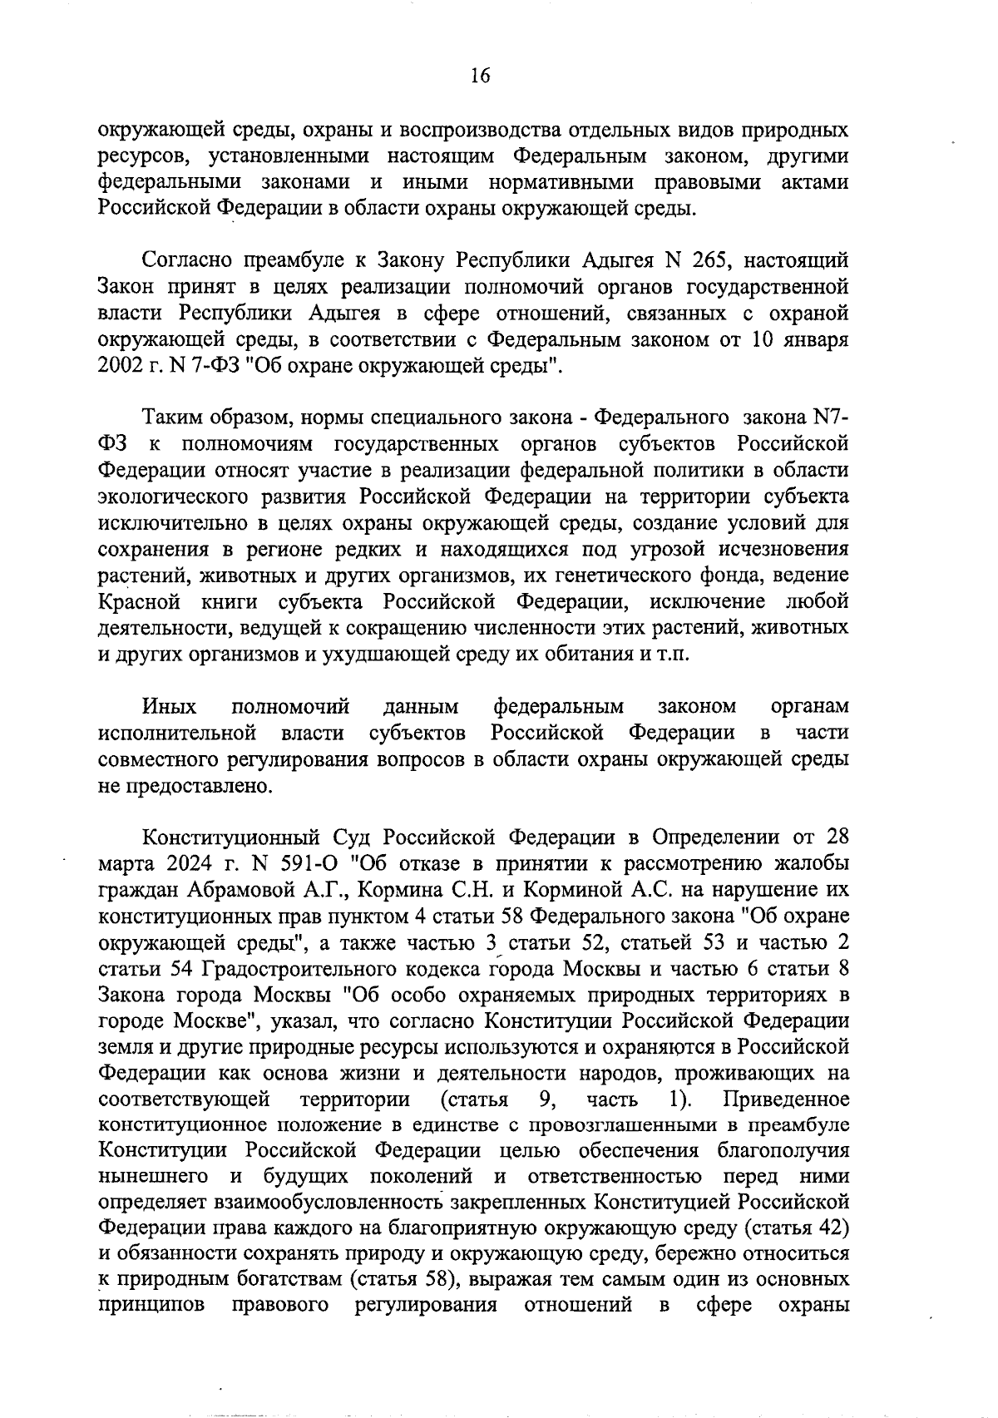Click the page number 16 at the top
click(x=480, y=77)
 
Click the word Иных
click(x=170, y=707)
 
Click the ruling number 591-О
click(x=295, y=862)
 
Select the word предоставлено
click(x=199, y=786)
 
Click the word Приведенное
click(x=787, y=1099)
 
